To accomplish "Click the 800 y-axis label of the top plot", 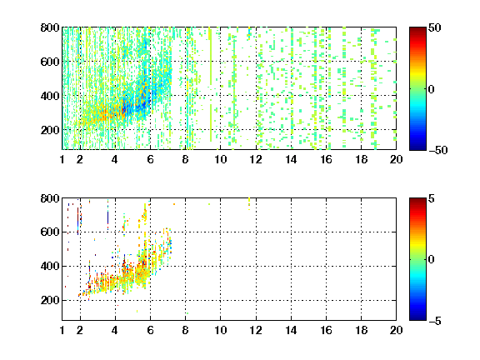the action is coord(50,27).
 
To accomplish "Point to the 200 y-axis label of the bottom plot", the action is coord(50,300).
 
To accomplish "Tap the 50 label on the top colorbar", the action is coord(435,27).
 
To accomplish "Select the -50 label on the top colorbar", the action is coord(438,150).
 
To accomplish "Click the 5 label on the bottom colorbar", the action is coord(432,198).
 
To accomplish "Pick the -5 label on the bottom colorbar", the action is coord(435,321).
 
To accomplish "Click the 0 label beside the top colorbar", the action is coord(432,89).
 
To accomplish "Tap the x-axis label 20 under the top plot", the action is coord(396,159).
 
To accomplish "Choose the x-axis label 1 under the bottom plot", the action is coord(62,330).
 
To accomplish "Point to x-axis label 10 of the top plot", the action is coord(220,159).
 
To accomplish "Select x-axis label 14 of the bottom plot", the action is coord(291,330).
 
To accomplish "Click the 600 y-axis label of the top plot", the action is coord(50,62).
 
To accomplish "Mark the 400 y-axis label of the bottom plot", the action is coord(50,266).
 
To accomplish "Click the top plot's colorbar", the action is coord(417,89).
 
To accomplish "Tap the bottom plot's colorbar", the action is coord(417,259).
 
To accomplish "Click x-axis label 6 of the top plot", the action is coord(150,159).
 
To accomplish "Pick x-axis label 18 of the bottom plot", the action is coord(361,330).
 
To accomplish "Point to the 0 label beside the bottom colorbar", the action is coord(432,260).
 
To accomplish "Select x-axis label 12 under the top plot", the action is coord(256,159).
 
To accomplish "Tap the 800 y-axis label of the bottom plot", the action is coord(50,198).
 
